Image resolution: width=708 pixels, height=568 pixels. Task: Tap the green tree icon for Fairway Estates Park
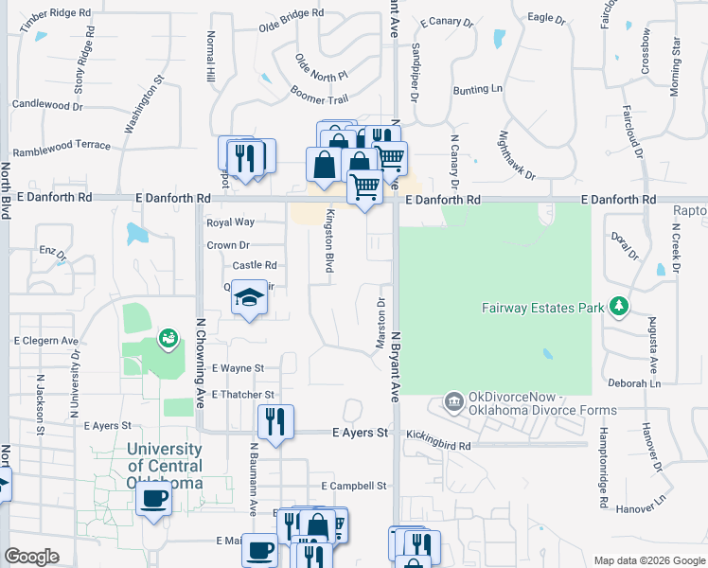619,306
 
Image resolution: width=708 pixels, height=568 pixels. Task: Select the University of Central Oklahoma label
165,466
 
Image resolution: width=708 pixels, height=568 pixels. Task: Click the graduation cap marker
249,298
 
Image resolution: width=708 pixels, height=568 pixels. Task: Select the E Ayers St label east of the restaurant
361,433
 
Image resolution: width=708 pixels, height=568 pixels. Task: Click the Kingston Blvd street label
330,241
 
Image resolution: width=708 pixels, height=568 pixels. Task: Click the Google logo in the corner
31,556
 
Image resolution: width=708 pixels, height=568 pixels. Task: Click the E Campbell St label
354,486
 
